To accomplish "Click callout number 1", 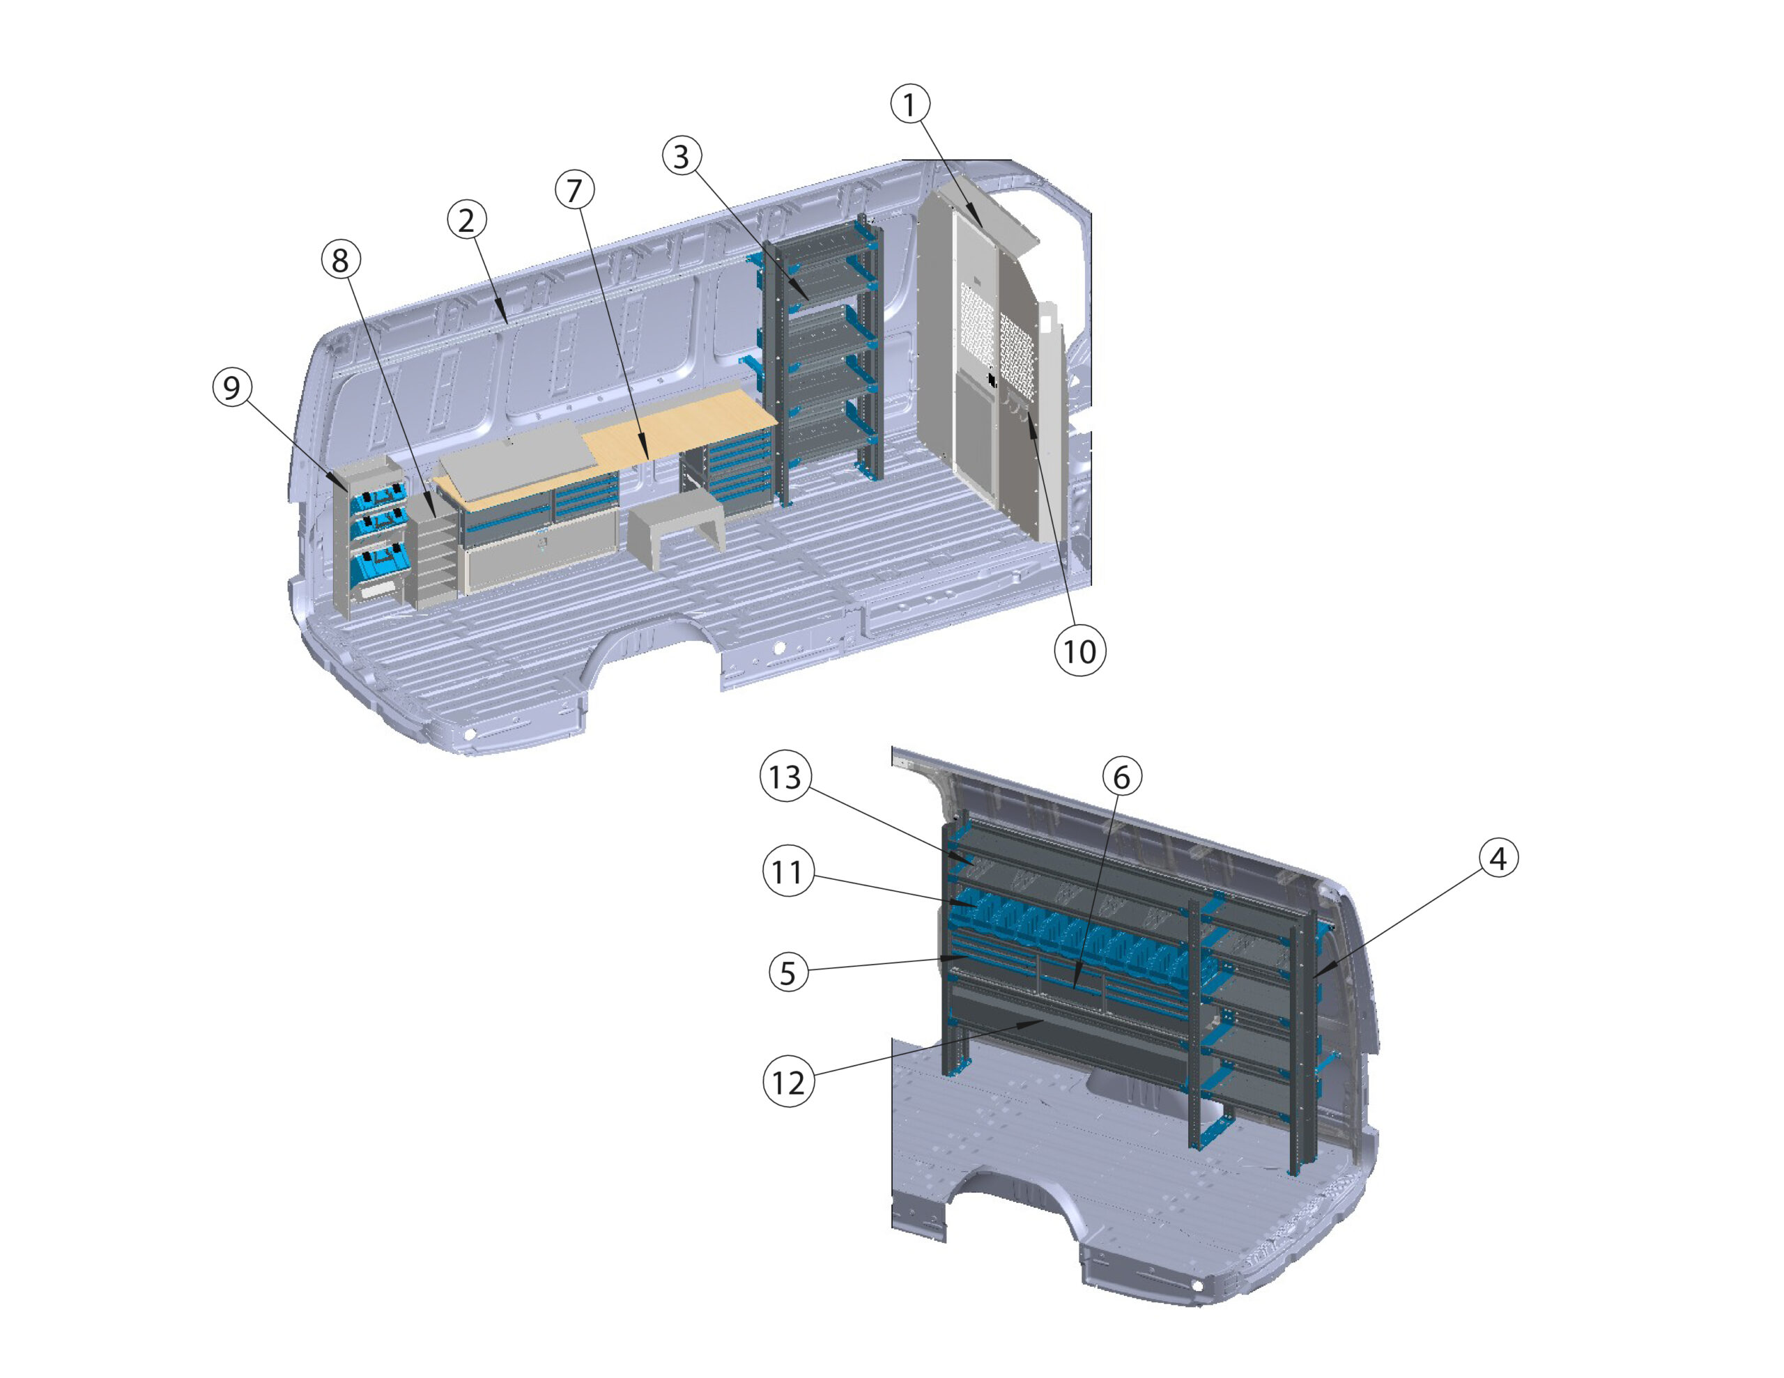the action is click(909, 104).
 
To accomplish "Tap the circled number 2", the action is click(466, 219).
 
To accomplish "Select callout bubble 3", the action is click(682, 155).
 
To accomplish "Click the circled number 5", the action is click(787, 973).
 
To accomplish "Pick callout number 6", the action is click(1121, 776).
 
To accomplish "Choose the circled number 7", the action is click(574, 189).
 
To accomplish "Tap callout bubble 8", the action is click(340, 260).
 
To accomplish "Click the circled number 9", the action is click(232, 387).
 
